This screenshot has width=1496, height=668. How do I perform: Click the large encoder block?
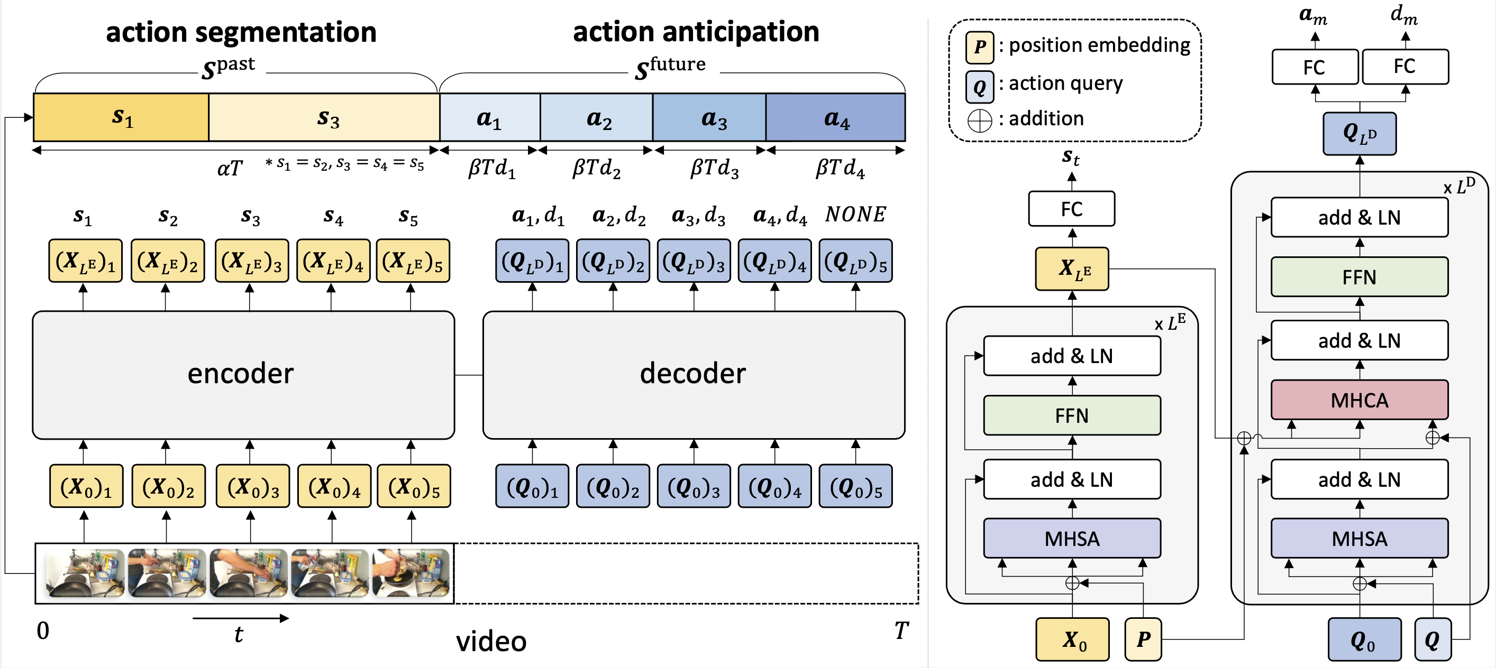pos(243,375)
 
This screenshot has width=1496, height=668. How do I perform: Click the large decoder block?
pos(694,375)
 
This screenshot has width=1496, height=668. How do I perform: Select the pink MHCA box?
pos(1359,400)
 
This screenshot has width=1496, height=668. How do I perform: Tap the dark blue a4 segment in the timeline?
pos(836,118)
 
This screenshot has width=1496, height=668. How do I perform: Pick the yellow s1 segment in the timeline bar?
pos(121,118)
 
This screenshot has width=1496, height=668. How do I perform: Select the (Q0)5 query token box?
pos(855,486)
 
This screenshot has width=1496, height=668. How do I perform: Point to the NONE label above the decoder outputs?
pos(855,214)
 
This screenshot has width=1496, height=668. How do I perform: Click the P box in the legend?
pos(980,47)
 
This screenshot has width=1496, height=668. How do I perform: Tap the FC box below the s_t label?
pos(1071,209)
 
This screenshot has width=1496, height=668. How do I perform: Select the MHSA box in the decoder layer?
pos(1359,539)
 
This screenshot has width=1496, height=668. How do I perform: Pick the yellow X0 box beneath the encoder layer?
pos(1072,639)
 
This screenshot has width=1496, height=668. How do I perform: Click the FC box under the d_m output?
pos(1405,67)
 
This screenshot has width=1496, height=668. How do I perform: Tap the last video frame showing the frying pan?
pos(411,573)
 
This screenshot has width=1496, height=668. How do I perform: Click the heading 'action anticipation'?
pos(696,31)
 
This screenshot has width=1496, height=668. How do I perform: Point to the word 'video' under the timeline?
pos(491,641)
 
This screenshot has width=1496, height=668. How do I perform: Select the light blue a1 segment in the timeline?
pos(489,118)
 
